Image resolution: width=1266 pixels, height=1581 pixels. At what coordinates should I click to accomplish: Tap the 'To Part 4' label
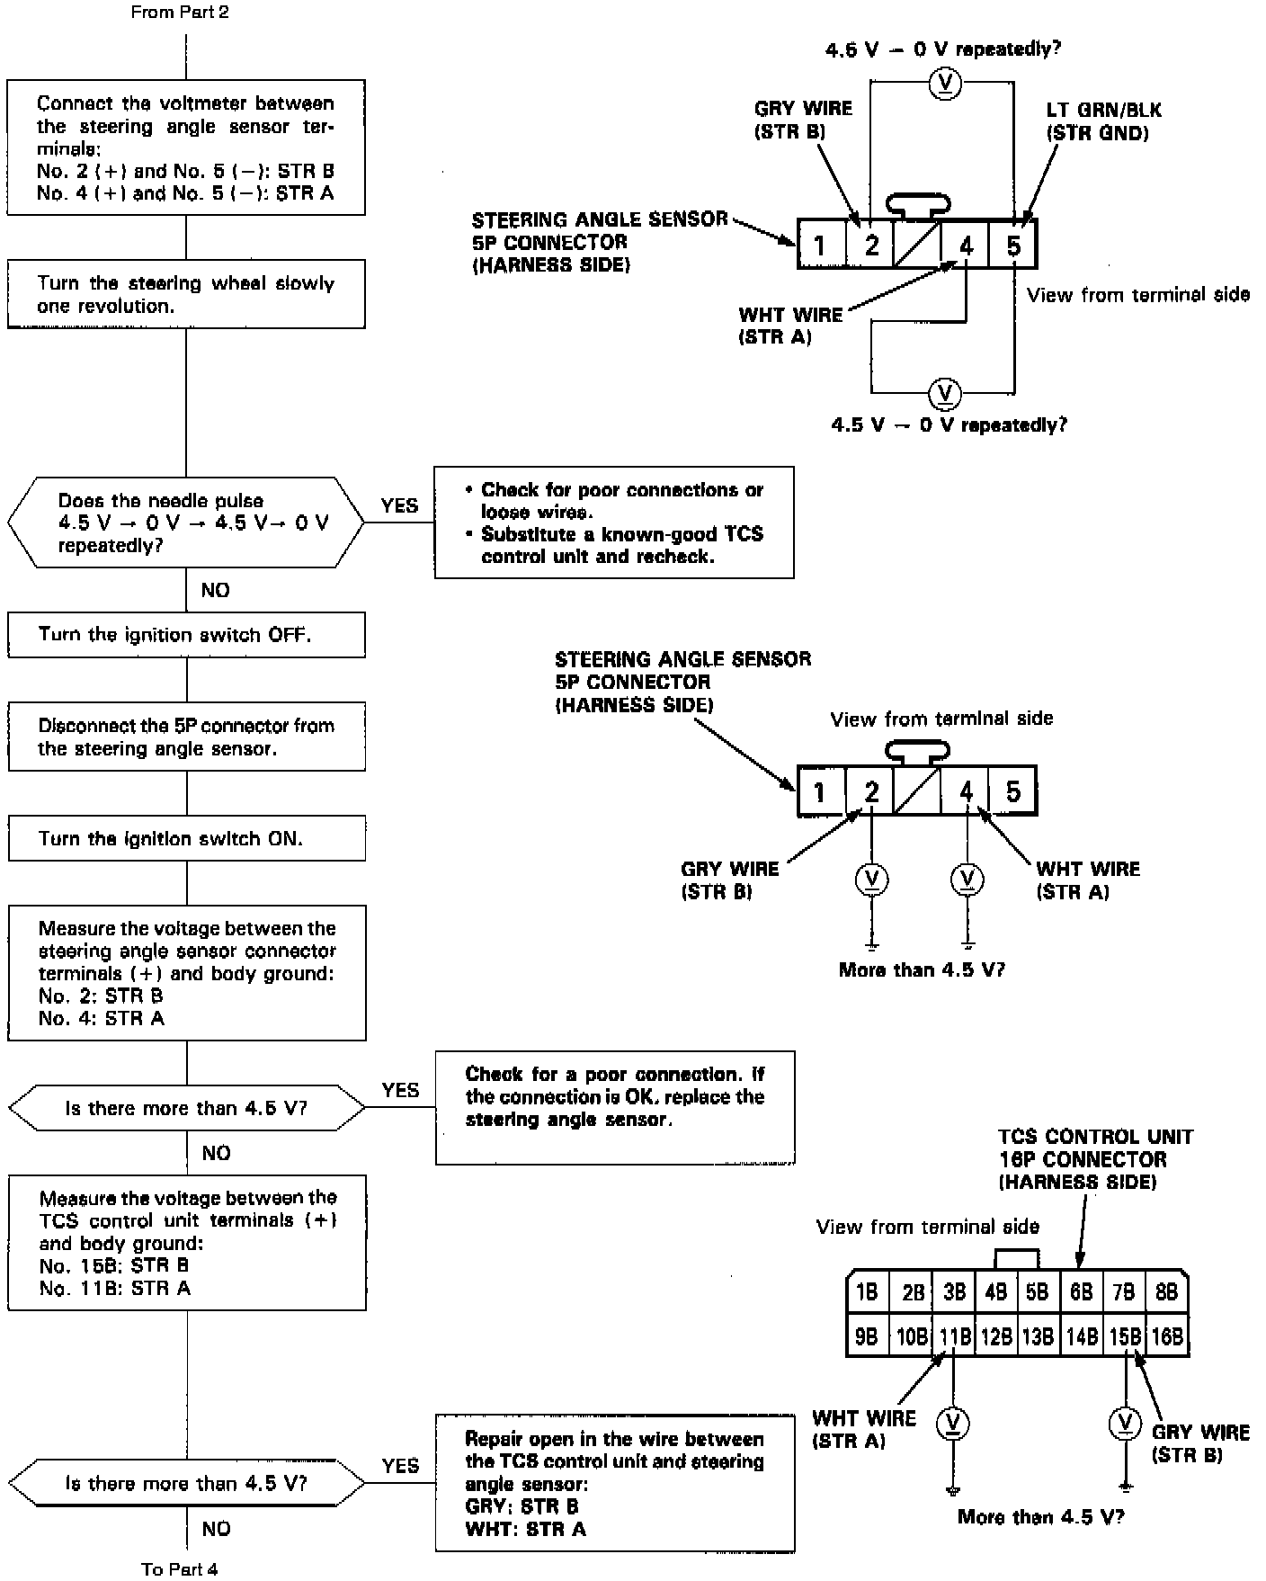tap(180, 1568)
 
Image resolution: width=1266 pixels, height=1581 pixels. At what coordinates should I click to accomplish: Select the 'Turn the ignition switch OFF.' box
tap(186, 635)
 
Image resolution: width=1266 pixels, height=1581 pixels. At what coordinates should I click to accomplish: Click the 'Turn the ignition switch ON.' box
tap(186, 838)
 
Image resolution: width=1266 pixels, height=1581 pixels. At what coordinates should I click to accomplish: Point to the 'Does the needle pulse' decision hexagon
tap(185, 523)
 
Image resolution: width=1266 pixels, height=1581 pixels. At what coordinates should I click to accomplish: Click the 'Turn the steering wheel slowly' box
tap(186, 294)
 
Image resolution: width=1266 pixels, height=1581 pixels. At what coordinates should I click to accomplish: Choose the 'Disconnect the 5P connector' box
tap(186, 737)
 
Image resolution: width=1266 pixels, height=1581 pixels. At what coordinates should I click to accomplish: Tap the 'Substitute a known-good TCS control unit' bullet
tap(621, 545)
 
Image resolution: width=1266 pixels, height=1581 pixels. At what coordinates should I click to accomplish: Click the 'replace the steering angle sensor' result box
tap(615, 1106)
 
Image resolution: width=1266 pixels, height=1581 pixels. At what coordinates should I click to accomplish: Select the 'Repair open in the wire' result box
tap(615, 1484)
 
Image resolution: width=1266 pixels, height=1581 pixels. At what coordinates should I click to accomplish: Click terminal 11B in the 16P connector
tap(954, 1336)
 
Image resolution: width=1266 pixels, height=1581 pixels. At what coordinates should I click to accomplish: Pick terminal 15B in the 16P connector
tap(1125, 1336)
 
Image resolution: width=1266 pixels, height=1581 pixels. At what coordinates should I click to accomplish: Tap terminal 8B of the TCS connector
tap(1166, 1292)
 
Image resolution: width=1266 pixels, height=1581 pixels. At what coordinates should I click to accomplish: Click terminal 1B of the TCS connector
tap(867, 1292)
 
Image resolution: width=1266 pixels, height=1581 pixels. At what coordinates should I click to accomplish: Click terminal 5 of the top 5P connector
tap(1013, 245)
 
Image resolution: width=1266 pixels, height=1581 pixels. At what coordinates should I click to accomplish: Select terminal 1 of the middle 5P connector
tap(820, 791)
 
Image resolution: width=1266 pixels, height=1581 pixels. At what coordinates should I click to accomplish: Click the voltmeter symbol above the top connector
tap(944, 84)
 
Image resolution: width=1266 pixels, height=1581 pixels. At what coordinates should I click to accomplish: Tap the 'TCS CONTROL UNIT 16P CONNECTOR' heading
tap(1094, 1159)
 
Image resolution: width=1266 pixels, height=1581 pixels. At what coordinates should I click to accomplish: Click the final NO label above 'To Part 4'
tap(216, 1529)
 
